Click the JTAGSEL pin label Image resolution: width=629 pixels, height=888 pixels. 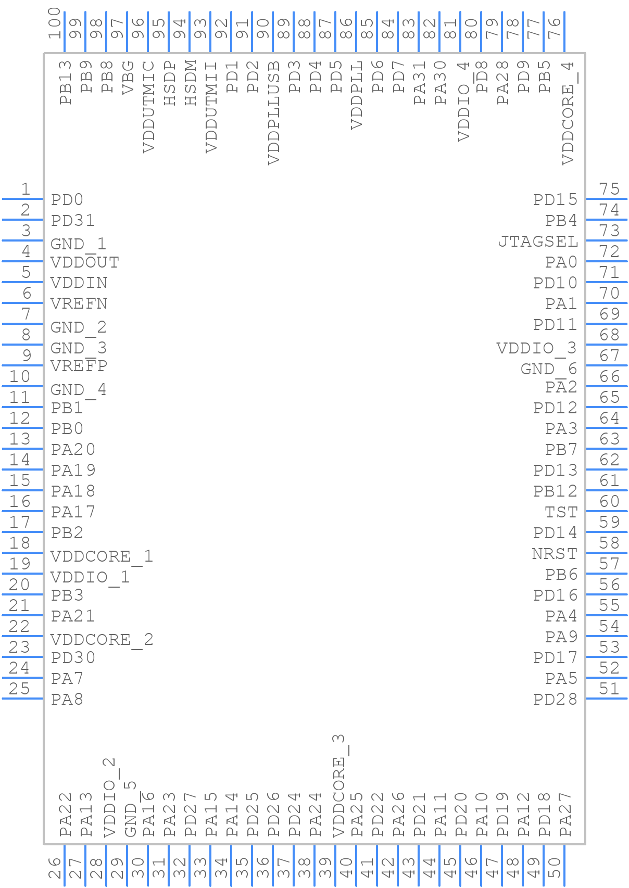click(x=538, y=242)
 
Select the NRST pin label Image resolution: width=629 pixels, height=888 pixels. click(x=555, y=554)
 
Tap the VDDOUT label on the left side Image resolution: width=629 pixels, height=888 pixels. click(x=84, y=262)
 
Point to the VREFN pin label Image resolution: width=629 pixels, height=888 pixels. click(x=79, y=303)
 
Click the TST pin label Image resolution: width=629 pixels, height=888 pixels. click(x=561, y=512)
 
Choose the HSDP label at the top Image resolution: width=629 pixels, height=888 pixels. click(x=170, y=83)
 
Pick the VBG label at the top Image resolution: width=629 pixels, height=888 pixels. click(x=128, y=78)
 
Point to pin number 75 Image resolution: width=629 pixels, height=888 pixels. click(x=609, y=188)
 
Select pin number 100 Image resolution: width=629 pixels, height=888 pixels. click(x=55, y=23)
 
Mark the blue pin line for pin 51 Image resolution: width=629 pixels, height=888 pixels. click(x=607, y=699)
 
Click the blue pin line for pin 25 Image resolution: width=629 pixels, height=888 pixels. click(x=22, y=699)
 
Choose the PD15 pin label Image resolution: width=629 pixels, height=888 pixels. click(x=555, y=200)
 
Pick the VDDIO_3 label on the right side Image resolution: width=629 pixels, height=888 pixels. click(x=536, y=348)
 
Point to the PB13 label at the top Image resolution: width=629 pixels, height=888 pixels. click(x=66, y=83)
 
